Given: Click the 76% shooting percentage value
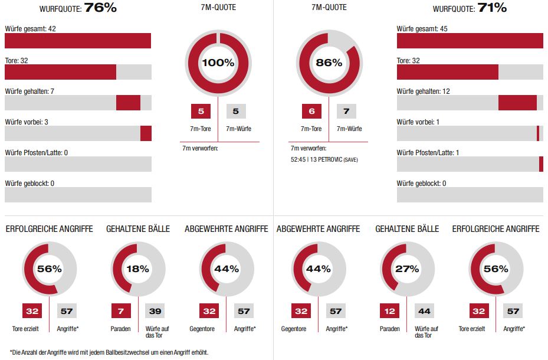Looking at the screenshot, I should tap(100, 8).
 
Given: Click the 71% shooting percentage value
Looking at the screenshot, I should tap(492, 8).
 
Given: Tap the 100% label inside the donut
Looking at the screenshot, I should tap(218, 63).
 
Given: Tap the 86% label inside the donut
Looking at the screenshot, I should tap(329, 63).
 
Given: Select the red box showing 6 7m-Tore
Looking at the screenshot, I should tap(311, 111).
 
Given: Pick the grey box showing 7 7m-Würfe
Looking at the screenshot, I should tap(347, 111).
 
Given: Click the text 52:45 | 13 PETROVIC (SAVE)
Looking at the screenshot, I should tap(324, 160).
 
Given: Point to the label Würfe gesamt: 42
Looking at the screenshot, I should tap(30, 28).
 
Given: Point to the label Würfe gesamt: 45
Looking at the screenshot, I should tap(422, 28).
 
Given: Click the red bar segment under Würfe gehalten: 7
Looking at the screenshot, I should tap(128, 103).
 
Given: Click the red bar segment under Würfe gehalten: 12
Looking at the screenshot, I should tap(517, 103).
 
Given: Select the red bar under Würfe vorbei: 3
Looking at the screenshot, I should tap(146, 133).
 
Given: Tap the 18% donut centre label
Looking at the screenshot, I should tap(137, 269).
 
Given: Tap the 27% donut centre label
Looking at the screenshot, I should tap(407, 269).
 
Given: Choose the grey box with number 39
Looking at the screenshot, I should tap(155, 310).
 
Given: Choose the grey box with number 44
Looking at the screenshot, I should tap(424, 310).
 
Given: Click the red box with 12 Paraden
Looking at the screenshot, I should tap(391, 310).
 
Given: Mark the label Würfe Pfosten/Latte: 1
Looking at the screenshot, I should tap(429, 153).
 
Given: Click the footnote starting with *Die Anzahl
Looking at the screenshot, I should tap(109, 352).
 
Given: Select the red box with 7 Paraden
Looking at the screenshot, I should tap(121, 310).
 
